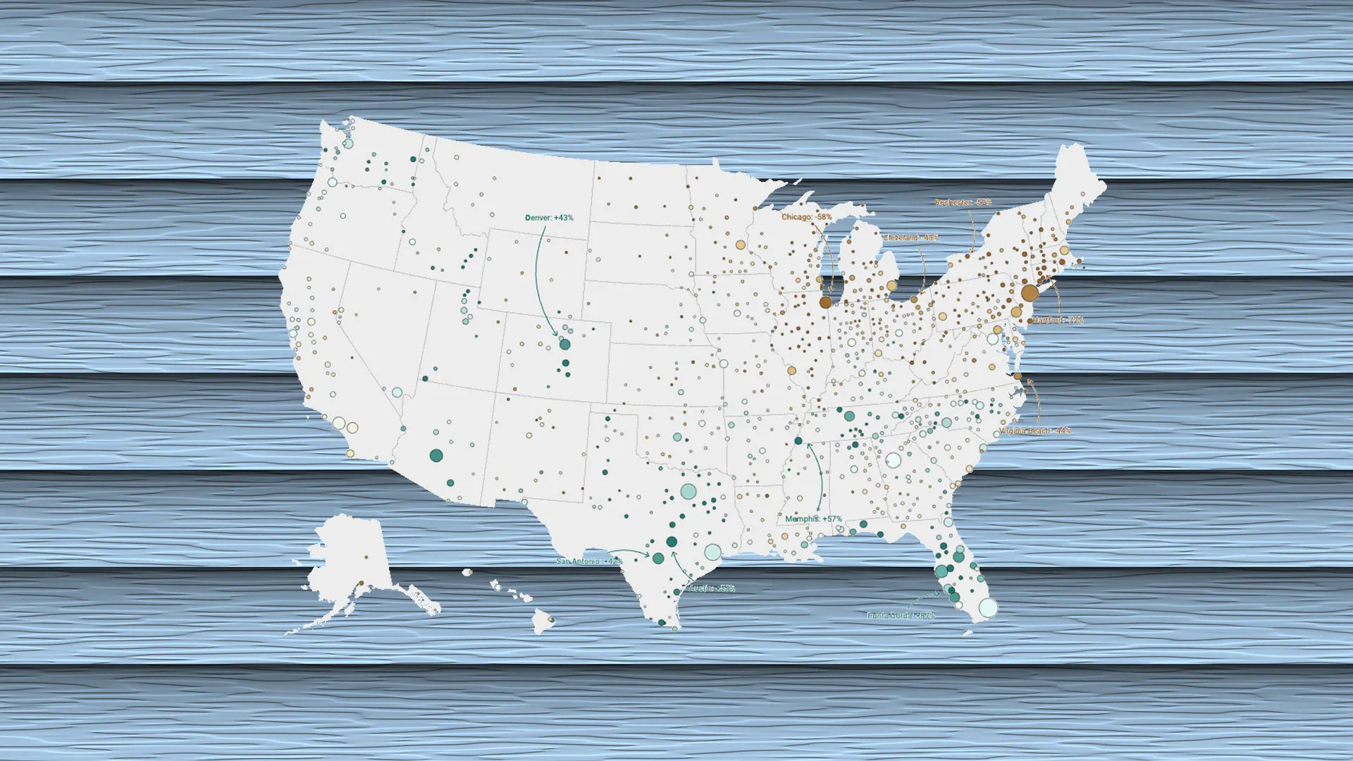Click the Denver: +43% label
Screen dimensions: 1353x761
pyautogui.click(x=549, y=218)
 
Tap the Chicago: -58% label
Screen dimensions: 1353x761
pyautogui.click(x=806, y=217)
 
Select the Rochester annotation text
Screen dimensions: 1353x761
pyautogui.click(x=963, y=202)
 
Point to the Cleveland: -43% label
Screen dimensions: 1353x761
pyautogui.click(x=910, y=237)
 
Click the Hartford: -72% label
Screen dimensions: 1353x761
pyautogui.click(x=1058, y=320)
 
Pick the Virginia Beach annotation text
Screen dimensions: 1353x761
pyautogui.click(x=1034, y=431)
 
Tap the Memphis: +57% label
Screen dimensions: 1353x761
pyautogui.click(x=813, y=519)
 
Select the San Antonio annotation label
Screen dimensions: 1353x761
pyautogui.click(x=589, y=561)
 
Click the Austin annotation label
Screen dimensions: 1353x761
pyautogui.click(x=712, y=588)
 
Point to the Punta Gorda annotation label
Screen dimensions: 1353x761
pyautogui.click(x=901, y=615)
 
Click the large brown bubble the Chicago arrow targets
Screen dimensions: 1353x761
pyautogui.click(x=825, y=302)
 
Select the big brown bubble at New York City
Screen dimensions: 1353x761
pyautogui.click(x=1030, y=292)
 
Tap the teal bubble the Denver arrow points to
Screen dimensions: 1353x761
pyautogui.click(x=564, y=345)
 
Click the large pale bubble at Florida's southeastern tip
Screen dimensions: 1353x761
pyautogui.click(x=988, y=607)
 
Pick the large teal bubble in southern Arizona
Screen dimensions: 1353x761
pyautogui.click(x=436, y=456)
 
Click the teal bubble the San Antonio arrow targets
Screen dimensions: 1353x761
pyautogui.click(x=658, y=558)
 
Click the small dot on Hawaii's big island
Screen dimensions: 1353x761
pyautogui.click(x=551, y=620)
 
